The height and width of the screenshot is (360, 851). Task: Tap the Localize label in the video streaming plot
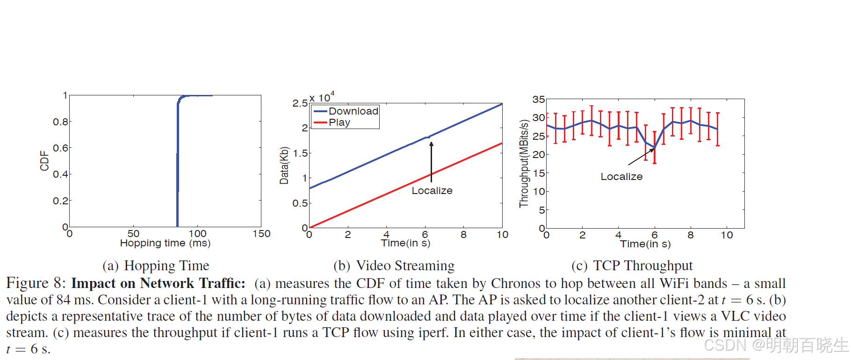coord(432,191)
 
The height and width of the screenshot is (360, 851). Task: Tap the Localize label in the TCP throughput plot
coord(621,177)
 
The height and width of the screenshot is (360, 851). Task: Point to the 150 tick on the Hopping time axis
coord(261,234)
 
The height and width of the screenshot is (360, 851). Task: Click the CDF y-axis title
coord(44,161)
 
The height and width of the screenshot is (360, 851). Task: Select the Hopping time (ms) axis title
coord(165,243)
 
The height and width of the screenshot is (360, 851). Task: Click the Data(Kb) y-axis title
coord(284,166)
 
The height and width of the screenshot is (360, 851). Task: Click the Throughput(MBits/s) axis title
coord(523,164)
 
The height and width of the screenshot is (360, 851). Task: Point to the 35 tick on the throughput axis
coord(538,100)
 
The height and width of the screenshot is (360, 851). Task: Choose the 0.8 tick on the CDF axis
coord(60,122)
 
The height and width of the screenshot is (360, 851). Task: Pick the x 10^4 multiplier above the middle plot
coord(322,98)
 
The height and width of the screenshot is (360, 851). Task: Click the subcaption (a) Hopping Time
coord(156,266)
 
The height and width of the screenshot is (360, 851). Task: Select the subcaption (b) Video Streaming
coord(394,266)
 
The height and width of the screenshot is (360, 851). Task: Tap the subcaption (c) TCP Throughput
coord(632,266)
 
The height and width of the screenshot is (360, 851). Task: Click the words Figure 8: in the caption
coord(36,283)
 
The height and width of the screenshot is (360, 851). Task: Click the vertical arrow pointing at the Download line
coord(431,161)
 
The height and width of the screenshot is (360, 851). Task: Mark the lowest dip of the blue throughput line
coord(654,148)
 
